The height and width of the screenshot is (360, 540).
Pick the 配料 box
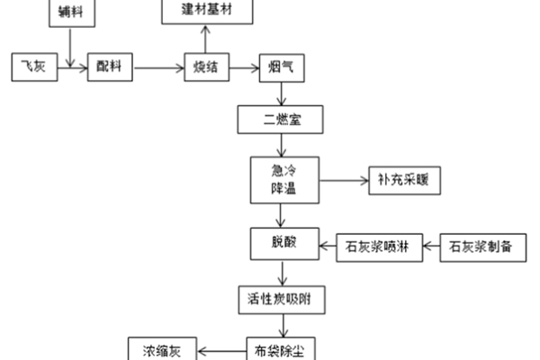click(109, 67)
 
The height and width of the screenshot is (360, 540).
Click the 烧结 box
click(206, 67)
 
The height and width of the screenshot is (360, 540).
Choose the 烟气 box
click(279, 67)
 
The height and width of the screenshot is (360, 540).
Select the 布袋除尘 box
click(282, 349)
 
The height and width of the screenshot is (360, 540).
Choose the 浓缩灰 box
click(162, 349)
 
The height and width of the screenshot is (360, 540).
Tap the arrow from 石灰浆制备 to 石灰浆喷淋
click(430, 246)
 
